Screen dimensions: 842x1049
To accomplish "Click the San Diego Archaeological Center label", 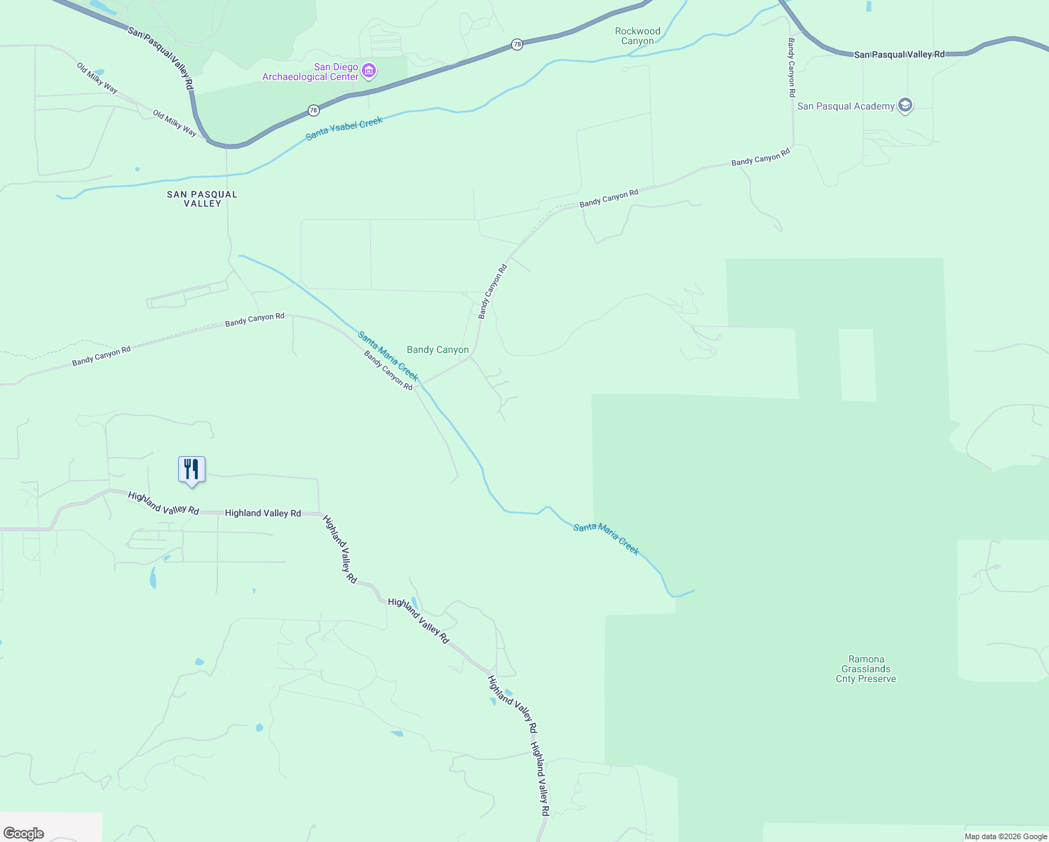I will point(311,72).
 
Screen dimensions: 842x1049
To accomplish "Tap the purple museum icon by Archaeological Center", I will point(370,71).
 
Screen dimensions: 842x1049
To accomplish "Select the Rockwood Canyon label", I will point(637,36).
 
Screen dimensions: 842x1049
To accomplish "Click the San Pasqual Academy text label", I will point(846,107).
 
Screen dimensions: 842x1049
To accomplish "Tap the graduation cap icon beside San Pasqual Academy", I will point(905,106).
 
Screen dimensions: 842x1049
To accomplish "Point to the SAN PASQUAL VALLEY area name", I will point(202,199).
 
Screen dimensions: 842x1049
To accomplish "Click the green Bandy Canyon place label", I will point(438,350).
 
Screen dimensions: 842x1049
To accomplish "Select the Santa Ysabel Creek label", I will point(344,128).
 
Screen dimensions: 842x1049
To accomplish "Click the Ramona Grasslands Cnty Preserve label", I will point(866,669).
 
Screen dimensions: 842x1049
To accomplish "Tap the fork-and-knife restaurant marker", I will point(191,469).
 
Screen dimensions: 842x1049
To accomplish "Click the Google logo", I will point(24,834).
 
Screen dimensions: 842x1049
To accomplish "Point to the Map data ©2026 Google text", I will point(1006,836).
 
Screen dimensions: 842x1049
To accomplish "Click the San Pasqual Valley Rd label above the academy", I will point(899,54).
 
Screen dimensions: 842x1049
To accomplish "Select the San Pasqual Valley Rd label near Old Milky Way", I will point(161,58).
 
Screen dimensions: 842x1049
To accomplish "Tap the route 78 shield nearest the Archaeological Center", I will point(313,110).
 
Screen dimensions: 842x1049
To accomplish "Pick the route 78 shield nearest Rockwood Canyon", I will point(517,44).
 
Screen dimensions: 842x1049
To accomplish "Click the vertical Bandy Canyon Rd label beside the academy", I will point(791,67).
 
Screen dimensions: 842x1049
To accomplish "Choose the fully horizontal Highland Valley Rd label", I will point(263,514).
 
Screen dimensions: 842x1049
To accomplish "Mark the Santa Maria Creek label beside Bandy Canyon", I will point(388,356).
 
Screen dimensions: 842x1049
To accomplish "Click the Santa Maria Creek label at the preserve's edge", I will point(606,539).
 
